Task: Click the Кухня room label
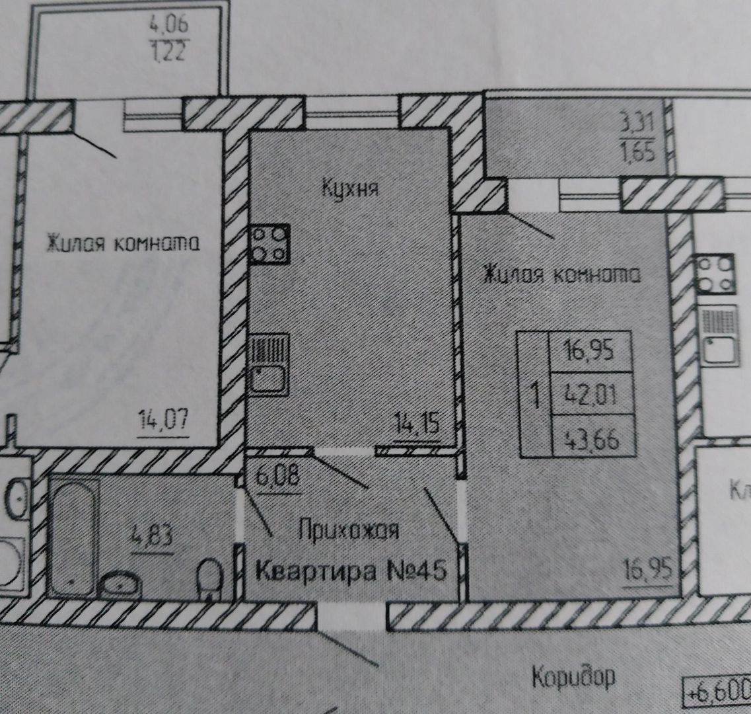(350, 189)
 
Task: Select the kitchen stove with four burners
(270, 244)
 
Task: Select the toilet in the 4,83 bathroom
(211, 579)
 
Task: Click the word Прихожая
(348, 531)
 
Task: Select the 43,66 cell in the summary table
(590, 437)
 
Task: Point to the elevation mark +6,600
(719, 693)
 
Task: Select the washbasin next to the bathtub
(120, 584)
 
